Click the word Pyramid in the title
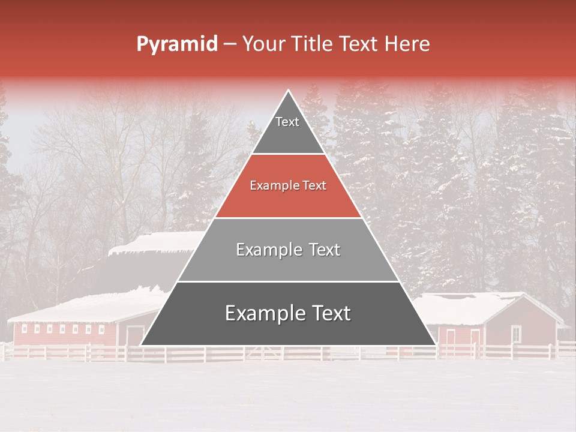176,44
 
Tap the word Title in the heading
314,44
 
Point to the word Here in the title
408,44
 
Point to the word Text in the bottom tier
327,313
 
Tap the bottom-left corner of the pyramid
142,344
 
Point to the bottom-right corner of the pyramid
435,344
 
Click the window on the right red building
515,333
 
